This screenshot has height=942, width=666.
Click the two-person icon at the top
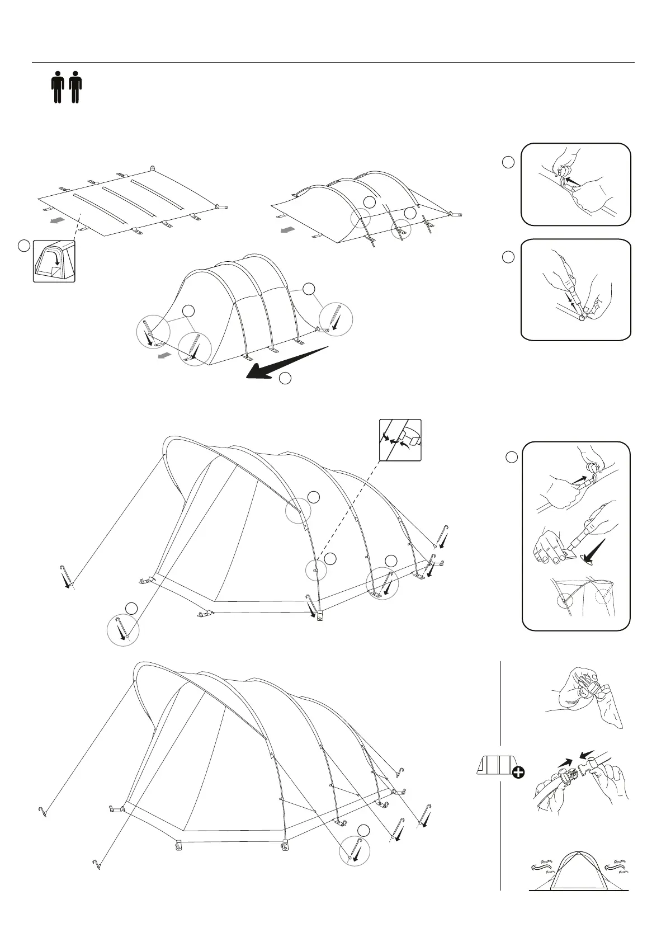66,87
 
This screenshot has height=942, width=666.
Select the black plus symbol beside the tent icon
518,773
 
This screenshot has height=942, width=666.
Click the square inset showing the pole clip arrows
400,440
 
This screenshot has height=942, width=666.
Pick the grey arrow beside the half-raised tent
287,230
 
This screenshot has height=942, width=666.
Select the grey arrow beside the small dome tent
164,356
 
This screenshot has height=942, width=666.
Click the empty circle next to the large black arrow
285,379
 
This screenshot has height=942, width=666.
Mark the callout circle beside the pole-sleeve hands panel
508,162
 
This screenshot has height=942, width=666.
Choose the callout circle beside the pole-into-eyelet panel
508,257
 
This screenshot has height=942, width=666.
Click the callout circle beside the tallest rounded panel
511,457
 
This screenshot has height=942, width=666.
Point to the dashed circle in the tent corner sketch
603,593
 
